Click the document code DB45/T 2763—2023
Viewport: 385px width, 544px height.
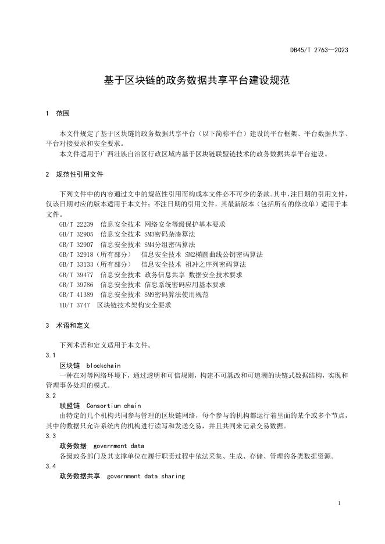[x=319, y=50]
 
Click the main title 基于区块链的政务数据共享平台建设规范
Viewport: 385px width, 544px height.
[x=192, y=81]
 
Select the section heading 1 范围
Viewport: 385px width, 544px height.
[x=58, y=113]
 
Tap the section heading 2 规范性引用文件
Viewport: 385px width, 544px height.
[x=74, y=173]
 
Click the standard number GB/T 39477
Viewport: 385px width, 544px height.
[x=77, y=274]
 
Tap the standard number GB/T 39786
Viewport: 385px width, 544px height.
[x=77, y=285]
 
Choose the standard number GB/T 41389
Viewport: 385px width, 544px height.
[x=77, y=295]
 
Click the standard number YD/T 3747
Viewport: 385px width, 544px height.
[x=75, y=305]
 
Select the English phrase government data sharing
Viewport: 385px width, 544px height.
[x=146, y=476]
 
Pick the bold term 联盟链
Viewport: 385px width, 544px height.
[x=69, y=405]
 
